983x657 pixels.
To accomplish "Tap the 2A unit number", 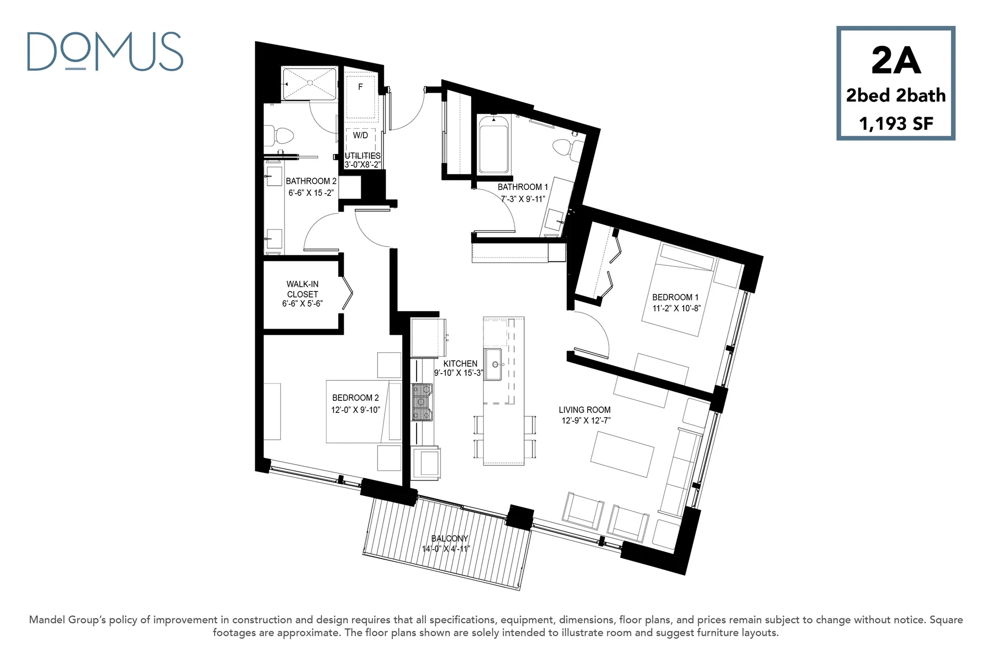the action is coord(896,60).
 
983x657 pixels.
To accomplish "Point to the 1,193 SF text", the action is coord(896,124).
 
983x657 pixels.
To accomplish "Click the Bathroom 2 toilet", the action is coord(279,135).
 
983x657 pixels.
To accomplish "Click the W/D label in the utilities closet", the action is coord(360,135).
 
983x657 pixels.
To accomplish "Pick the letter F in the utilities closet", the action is coord(361,87).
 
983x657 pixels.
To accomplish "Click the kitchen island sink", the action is coord(493,364).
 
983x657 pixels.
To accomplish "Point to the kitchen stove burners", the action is coord(422,402).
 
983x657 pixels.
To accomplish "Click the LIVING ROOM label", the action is coord(584,410).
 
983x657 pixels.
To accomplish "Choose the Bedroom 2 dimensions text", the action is coord(355,410).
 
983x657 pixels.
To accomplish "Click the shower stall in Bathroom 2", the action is coord(310,84).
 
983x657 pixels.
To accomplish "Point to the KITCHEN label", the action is coord(460,364).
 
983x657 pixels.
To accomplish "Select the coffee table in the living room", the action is coord(622,454).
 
